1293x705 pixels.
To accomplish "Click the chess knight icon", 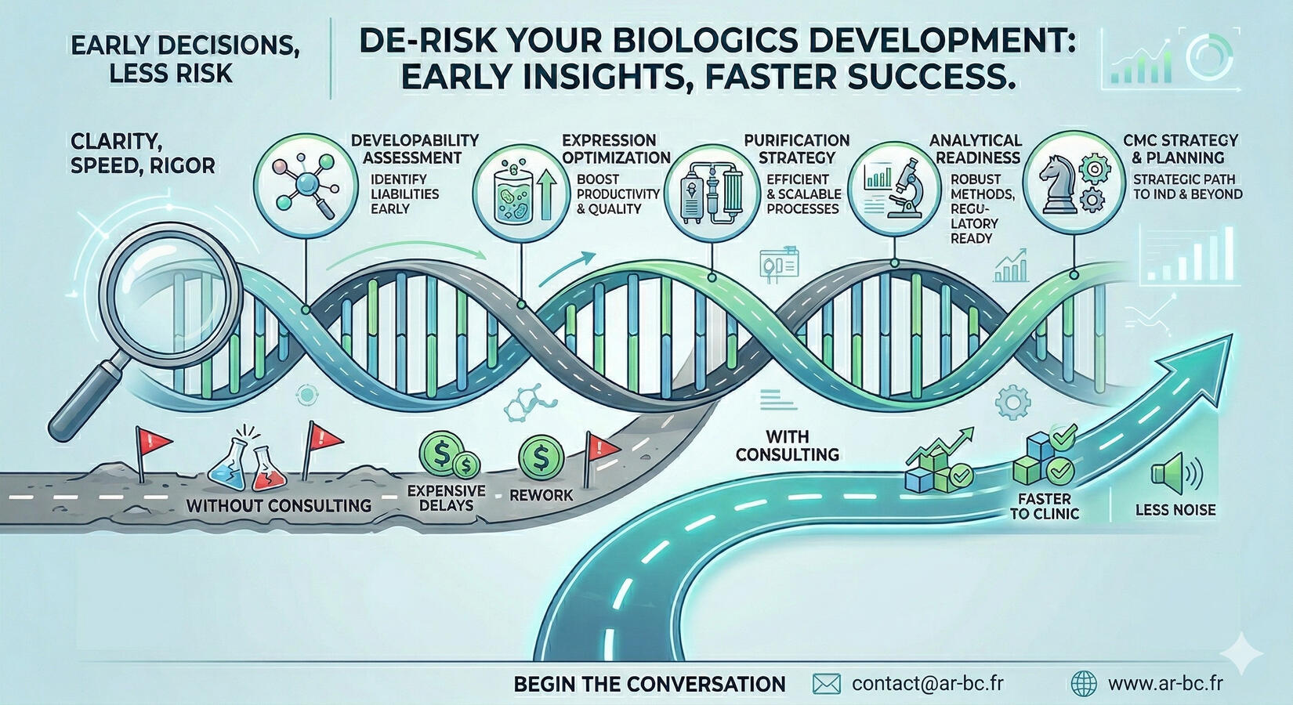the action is [x=1058, y=185].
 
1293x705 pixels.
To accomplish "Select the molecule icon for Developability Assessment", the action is [x=306, y=185].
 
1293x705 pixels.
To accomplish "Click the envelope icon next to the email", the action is [x=826, y=684].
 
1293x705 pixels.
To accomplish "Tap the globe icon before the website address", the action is [x=1084, y=684].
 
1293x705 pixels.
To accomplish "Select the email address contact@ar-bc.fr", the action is [x=928, y=683].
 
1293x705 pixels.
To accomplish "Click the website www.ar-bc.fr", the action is [x=1165, y=683].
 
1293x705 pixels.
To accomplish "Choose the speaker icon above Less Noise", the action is [x=1175, y=474].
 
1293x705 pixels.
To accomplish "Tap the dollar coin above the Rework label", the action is [x=541, y=457].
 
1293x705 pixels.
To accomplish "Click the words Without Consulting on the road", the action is [x=279, y=506].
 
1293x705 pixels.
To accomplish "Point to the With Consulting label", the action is [x=788, y=446].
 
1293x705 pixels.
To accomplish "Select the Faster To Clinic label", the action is [x=1045, y=506].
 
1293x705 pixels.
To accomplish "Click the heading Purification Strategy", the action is [x=797, y=149].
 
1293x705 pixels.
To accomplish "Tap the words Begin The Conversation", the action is [x=650, y=684].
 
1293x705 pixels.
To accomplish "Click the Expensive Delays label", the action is [x=446, y=498].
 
